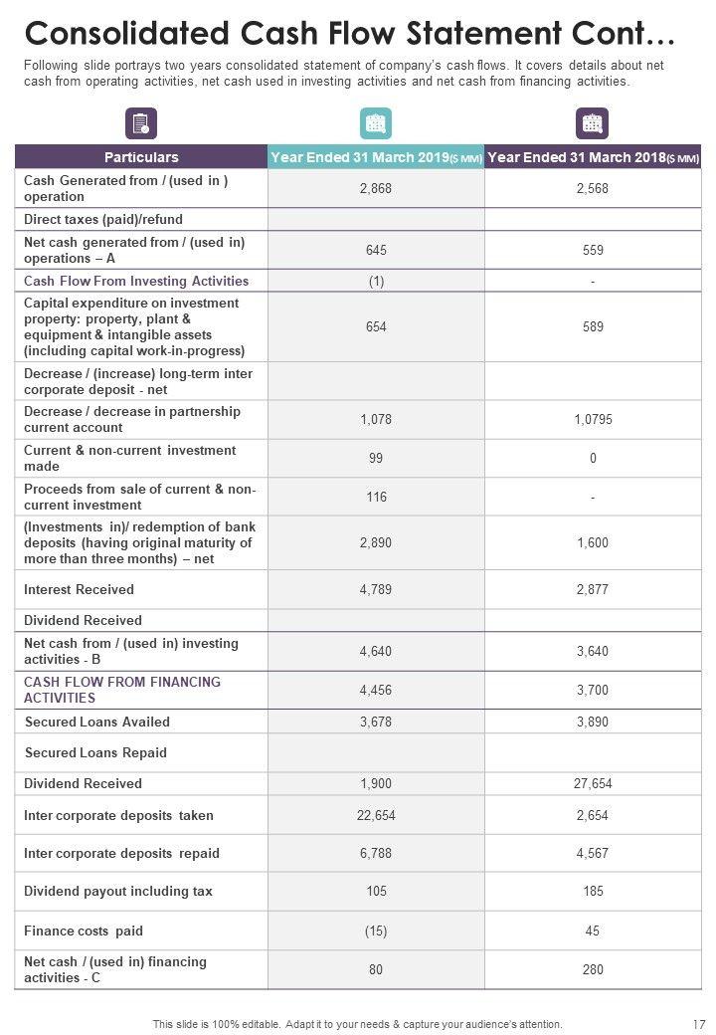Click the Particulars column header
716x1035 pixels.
tap(141, 157)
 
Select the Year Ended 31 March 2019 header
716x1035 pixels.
tap(376, 157)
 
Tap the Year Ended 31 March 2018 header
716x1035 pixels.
tap(593, 157)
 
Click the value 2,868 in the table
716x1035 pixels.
tap(376, 188)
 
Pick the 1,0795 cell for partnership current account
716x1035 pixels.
tap(593, 420)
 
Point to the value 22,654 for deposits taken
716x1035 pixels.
tap(376, 816)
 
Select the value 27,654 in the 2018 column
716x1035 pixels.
tap(593, 784)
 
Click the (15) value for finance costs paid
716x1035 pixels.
tap(376, 931)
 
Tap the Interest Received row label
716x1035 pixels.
tap(79, 590)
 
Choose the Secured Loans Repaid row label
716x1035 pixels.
tap(95, 753)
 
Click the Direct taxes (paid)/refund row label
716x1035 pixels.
tap(103, 219)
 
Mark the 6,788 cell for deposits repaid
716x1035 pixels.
tap(376, 854)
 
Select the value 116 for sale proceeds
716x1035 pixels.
tap(376, 497)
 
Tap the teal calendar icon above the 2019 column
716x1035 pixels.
tap(376, 123)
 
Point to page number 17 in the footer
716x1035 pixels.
tap(696, 1024)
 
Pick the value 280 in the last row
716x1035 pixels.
tap(593, 970)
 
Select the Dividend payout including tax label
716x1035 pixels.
tap(118, 892)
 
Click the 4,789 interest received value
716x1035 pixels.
tap(376, 590)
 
